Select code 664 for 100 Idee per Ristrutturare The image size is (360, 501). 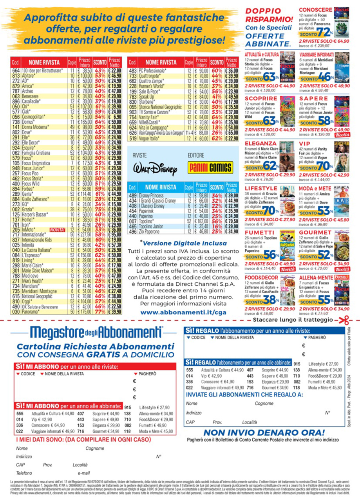(16, 70)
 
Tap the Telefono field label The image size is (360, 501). (24, 473)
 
